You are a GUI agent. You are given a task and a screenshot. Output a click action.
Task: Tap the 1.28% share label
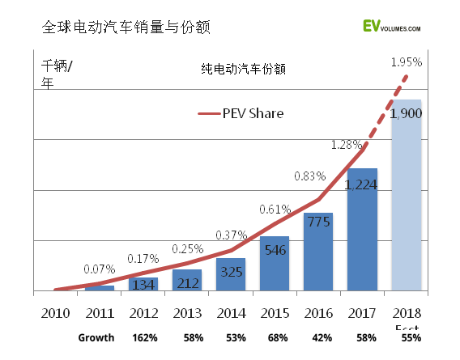pyautogui.click(x=346, y=145)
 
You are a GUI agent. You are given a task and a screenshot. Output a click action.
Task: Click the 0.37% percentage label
pyautogui.click(x=231, y=235)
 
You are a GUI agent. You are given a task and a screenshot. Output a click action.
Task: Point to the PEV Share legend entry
pyautogui.click(x=241, y=113)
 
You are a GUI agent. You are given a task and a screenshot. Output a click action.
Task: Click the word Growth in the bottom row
pyautogui.click(x=96, y=337)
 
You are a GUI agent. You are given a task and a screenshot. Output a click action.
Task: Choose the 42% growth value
pyautogui.click(x=318, y=337)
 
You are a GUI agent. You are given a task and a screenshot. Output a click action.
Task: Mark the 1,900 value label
pyautogui.click(x=406, y=113)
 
